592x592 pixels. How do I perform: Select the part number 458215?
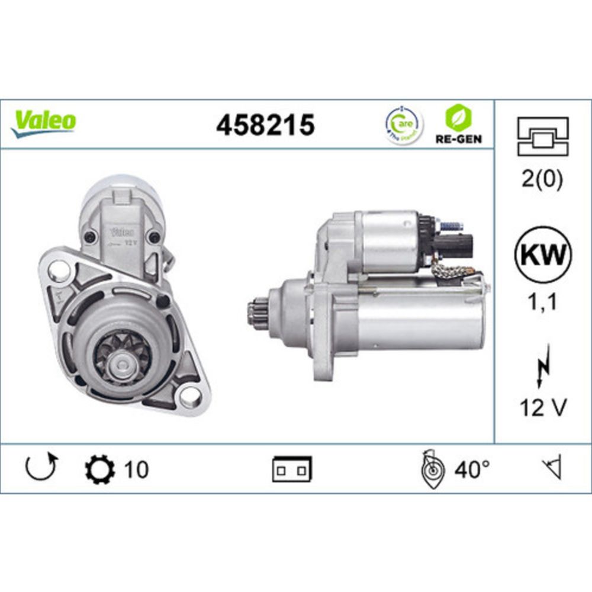pyautogui.click(x=265, y=125)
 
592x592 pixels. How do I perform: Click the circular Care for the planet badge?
pyautogui.click(x=405, y=125)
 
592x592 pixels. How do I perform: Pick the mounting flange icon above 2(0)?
pyautogui.click(x=543, y=136)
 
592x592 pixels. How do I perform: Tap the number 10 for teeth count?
pyautogui.click(x=136, y=469)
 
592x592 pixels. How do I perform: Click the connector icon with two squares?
pyautogui.click(x=292, y=469)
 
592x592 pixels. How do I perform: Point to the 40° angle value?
pyautogui.click(x=472, y=469)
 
